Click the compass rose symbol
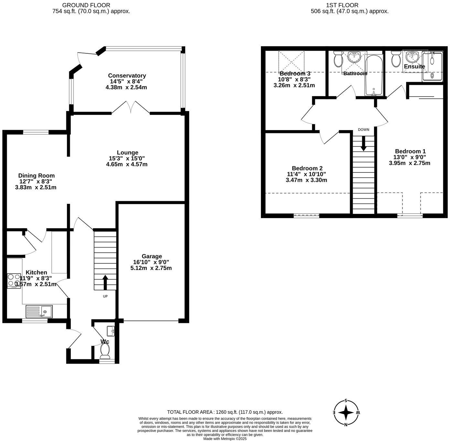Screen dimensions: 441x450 (346, 413)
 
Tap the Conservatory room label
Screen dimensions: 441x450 (127, 76)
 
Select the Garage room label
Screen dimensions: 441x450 (151, 256)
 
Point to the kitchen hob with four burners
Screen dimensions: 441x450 (14, 281)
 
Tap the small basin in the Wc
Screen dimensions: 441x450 (110, 331)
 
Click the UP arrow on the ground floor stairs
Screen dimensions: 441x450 (105, 282)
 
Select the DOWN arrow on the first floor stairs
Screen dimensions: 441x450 (363, 143)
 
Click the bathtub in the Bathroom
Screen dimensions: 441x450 (374, 75)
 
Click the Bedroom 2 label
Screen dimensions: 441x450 (307, 168)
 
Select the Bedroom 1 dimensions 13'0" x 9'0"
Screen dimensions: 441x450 (410, 157)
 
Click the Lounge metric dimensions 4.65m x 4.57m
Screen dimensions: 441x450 (127, 164)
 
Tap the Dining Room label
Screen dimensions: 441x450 (36, 176)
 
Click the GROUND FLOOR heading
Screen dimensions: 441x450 (86, 5)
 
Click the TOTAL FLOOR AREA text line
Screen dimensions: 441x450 (225, 412)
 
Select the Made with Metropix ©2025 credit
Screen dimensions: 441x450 (225, 439)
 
